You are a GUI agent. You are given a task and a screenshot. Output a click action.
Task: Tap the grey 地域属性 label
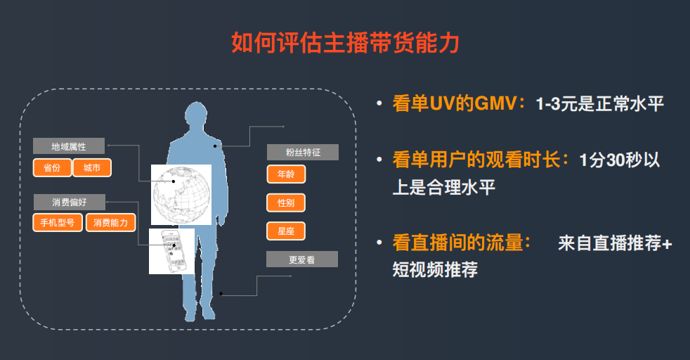click(69, 146)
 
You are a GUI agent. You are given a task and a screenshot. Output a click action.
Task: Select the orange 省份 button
click(52, 168)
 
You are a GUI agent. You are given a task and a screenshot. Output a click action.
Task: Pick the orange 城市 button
click(92, 168)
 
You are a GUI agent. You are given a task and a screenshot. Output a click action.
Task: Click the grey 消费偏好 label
click(69, 201)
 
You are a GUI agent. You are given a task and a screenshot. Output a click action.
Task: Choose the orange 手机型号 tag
click(58, 223)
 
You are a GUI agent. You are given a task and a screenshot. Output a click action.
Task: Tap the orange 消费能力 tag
click(110, 223)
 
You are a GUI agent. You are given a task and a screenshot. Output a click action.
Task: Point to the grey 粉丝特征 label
click(302, 152)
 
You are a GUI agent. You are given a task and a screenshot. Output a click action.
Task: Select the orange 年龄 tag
click(286, 174)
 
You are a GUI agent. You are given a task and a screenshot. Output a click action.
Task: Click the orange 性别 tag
click(286, 202)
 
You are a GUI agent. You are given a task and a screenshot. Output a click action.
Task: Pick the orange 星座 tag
click(286, 231)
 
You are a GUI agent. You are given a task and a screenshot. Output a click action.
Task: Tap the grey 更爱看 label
click(302, 259)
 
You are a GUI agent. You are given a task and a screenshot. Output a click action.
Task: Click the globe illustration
click(181, 194)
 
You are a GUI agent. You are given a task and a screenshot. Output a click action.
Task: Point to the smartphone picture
click(171, 250)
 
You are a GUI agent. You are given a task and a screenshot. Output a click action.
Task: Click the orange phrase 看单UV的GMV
click(455, 104)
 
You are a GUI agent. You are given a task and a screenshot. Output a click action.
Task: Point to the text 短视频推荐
click(435, 269)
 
